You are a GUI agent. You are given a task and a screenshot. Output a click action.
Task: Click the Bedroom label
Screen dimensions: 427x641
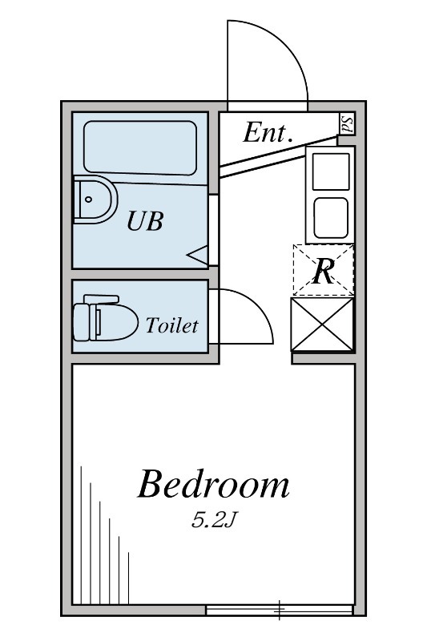[x=213, y=485]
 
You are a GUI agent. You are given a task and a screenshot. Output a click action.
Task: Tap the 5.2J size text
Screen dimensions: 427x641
[x=214, y=520]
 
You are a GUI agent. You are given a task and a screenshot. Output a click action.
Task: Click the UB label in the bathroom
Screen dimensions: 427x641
[x=145, y=221]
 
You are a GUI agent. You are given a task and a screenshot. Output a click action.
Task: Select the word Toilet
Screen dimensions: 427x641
[x=172, y=325]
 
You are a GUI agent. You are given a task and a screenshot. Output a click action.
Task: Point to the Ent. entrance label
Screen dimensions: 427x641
[x=268, y=132]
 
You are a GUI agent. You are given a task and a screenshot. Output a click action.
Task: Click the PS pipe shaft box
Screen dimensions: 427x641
[x=348, y=123]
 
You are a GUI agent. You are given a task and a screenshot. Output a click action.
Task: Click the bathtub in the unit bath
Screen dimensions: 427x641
[x=140, y=148]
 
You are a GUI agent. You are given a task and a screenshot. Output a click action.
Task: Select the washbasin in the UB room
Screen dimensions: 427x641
[x=95, y=200]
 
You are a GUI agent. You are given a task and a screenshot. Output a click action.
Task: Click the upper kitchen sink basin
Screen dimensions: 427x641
[x=331, y=171]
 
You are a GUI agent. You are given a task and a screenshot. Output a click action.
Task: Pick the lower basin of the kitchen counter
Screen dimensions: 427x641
[x=331, y=218]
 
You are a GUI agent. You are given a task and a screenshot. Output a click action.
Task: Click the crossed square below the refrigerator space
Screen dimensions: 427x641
[x=322, y=325]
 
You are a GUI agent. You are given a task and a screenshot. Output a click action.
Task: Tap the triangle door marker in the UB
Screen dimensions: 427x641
[x=198, y=256]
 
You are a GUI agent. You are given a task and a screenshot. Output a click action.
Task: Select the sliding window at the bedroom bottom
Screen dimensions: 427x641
[x=279, y=611]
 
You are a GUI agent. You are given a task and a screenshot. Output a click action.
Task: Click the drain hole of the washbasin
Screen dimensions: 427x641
[x=89, y=200]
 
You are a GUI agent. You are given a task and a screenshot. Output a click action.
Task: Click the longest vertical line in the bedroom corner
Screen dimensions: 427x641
[x=81, y=534]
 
